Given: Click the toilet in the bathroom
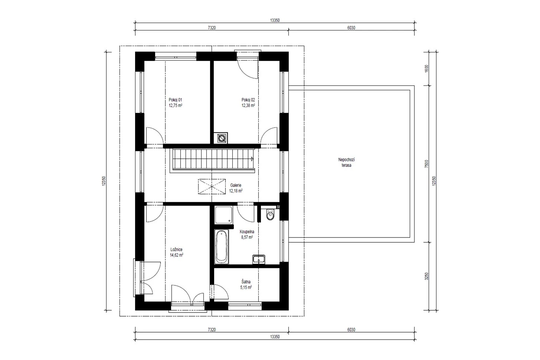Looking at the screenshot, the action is (x=270, y=214).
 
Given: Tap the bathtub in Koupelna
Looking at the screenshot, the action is (x=221, y=246).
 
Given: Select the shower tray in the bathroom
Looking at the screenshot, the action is (x=224, y=215).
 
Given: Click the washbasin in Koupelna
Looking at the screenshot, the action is (x=259, y=259).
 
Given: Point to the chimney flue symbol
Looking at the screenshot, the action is (x=222, y=138).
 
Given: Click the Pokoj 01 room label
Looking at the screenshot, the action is (x=175, y=100).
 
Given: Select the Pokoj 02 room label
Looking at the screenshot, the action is (x=248, y=100).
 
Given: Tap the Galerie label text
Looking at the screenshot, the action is (x=236, y=186).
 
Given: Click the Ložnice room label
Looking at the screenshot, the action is (x=176, y=249).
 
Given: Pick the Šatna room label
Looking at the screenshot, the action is (x=246, y=282).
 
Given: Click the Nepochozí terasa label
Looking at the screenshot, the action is (x=346, y=163).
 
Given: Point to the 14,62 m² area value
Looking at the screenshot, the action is (x=176, y=255).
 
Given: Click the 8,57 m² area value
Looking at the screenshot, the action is (x=247, y=237).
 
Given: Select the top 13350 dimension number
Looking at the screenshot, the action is (x=275, y=20).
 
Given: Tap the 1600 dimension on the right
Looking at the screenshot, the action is (x=426, y=69).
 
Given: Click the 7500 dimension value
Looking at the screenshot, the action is (x=426, y=164).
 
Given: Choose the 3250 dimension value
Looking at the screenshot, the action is (x=426, y=276).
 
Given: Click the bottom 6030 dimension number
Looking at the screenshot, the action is (x=351, y=330).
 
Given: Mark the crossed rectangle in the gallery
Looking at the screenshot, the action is (x=212, y=186).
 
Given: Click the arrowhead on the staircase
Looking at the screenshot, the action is (x=252, y=159).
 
